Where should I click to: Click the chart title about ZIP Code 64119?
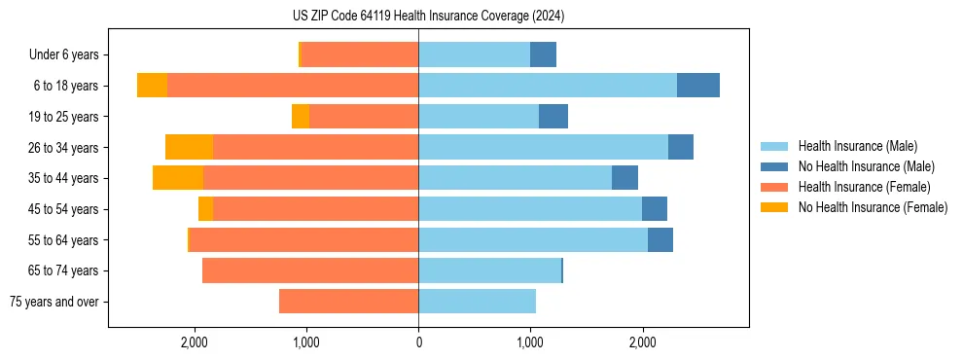pyautogui.click(x=428, y=17)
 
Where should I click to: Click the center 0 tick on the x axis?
pyautogui.click(x=418, y=342)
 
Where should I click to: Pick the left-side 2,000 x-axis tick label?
pyautogui.click(x=195, y=342)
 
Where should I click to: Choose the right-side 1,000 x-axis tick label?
pyautogui.click(x=530, y=342)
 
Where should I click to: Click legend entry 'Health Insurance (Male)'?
pyautogui.click(x=857, y=146)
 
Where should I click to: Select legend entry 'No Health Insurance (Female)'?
pyautogui.click(x=873, y=207)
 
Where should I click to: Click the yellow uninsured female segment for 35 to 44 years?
pyautogui.click(x=178, y=178)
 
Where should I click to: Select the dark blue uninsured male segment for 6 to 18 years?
pyautogui.click(x=698, y=86)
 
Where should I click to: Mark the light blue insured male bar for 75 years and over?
pyautogui.click(x=477, y=302)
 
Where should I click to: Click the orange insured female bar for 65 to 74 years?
pyautogui.click(x=310, y=270)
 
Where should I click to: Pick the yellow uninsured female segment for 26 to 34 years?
pyautogui.click(x=189, y=147)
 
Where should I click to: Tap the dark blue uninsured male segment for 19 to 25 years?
pyautogui.click(x=553, y=117)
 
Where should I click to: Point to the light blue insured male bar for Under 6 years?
pyautogui.click(x=474, y=54)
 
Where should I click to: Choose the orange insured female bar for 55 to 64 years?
pyautogui.click(x=303, y=239)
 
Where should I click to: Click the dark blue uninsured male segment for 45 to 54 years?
pyautogui.click(x=655, y=209)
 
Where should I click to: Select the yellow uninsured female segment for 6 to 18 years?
pyautogui.click(x=152, y=86)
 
